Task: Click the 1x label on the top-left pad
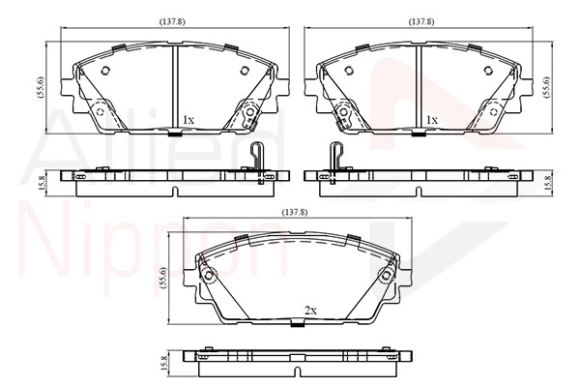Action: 188,120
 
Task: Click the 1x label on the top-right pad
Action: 432,120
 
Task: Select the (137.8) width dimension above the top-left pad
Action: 172,21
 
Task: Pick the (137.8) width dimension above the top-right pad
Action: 421,21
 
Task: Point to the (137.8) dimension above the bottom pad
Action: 295,213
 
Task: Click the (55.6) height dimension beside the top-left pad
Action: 41,87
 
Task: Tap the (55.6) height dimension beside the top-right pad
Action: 546,87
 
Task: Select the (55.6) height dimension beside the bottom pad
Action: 164,278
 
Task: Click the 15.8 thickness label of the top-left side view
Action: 42,183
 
